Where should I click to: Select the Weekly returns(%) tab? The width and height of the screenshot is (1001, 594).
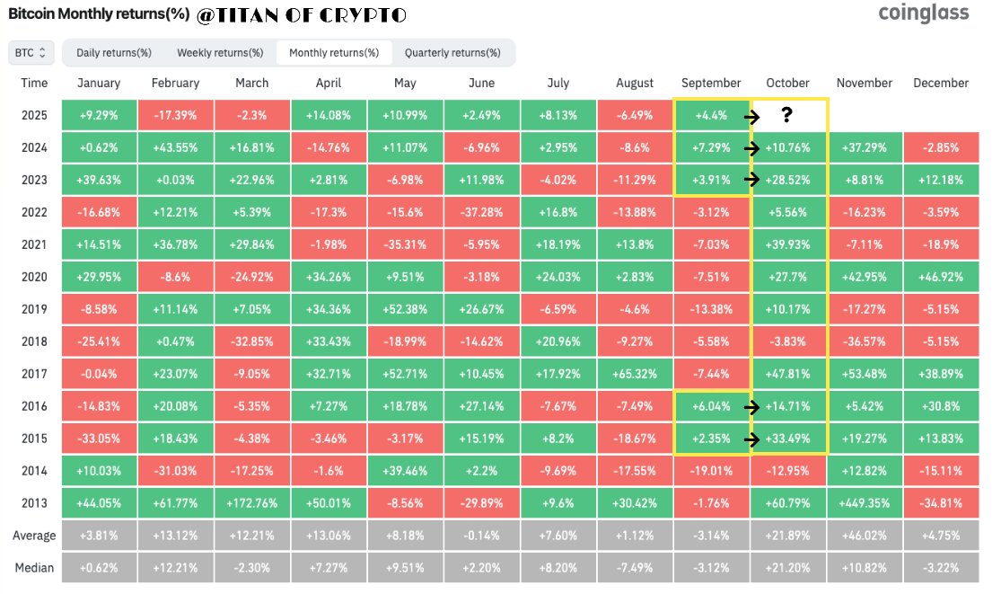(220, 53)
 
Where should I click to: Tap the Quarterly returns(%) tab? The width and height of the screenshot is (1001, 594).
(452, 53)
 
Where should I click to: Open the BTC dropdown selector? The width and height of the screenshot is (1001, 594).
(33, 53)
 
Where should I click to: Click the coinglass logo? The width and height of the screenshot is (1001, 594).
(924, 13)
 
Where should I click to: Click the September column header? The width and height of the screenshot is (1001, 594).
(712, 83)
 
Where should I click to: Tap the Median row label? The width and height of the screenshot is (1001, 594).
(34, 567)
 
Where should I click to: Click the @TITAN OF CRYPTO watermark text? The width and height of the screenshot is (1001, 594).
(300, 14)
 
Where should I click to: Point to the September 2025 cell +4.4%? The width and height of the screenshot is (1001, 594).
(712, 115)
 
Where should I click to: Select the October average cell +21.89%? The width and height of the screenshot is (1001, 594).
(788, 536)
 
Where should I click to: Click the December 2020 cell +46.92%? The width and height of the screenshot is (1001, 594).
(940, 276)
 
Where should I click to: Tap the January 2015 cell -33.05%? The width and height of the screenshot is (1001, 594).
(99, 439)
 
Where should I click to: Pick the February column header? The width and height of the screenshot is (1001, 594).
(175, 83)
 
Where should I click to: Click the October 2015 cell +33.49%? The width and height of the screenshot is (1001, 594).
(788, 439)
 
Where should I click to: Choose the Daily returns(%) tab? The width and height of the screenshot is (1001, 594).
(113, 53)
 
